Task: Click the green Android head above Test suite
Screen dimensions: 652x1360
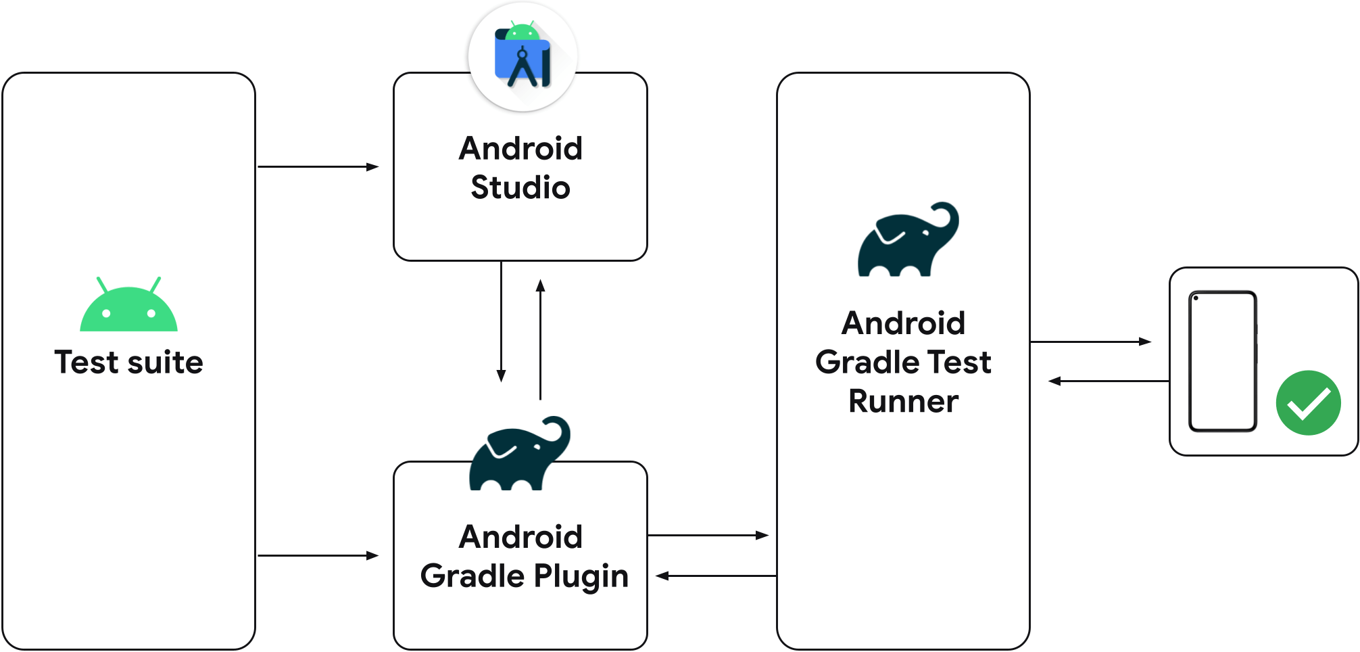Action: [x=128, y=308]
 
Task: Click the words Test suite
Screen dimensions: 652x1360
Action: [x=128, y=363]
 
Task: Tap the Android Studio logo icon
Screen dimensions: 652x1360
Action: [x=523, y=57]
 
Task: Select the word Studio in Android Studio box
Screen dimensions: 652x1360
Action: [x=520, y=187]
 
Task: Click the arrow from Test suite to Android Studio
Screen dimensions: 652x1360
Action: [x=318, y=166]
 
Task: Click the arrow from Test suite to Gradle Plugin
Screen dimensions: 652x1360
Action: [x=318, y=555]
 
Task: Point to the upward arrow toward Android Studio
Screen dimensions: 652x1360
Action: [x=540, y=338]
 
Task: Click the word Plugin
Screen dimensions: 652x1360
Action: [x=581, y=576]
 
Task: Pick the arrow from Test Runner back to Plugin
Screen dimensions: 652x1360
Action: [x=717, y=576]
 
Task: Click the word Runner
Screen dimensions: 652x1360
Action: [x=903, y=401]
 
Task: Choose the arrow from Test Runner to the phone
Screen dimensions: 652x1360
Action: [x=1090, y=342]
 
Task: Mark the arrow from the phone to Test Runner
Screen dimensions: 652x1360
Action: [x=1109, y=381]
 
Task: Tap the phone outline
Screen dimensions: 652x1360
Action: [x=1222, y=361]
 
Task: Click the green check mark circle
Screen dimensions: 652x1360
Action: [x=1308, y=402]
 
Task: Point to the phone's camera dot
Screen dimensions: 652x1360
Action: [x=1196, y=298]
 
